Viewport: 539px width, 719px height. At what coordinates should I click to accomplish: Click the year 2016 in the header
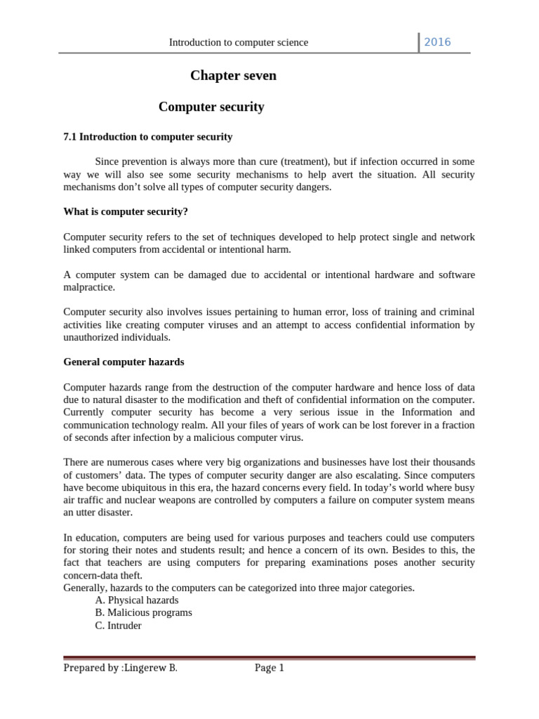pos(437,42)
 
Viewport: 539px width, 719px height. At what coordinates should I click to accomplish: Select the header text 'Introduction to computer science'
pos(239,43)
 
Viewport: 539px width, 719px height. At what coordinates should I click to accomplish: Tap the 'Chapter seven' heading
pos(234,76)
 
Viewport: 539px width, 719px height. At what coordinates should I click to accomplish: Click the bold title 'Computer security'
pos(211,107)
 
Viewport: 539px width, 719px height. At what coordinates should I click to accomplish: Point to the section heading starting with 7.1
pos(148,137)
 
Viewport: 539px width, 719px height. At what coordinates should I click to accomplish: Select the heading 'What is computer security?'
pos(126,211)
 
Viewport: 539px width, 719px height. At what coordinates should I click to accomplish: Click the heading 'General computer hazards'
pos(124,362)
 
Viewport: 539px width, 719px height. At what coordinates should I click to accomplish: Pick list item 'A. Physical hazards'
pos(137,600)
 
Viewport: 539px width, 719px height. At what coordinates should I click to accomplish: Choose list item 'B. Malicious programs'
pos(143,613)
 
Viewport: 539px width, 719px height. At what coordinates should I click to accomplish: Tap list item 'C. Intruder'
pos(118,626)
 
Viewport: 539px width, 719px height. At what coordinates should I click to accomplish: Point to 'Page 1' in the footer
pos(269,668)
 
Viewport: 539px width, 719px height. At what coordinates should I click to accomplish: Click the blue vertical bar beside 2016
pos(420,42)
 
